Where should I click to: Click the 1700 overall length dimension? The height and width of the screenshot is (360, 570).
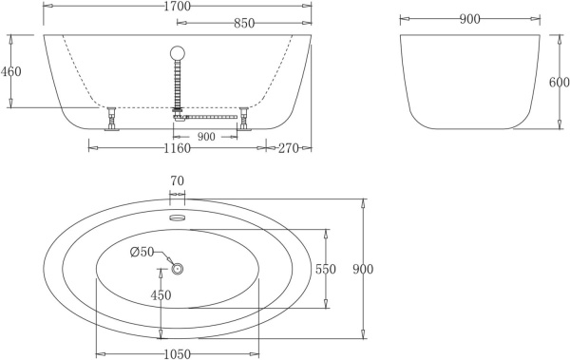pyautogui.click(x=177, y=7)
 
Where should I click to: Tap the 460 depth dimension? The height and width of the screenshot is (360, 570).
pyautogui.click(x=10, y=71)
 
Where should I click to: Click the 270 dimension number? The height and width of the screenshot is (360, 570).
pyautogui.click(x=290, y=147)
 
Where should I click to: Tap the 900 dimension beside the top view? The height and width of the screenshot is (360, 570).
pyautogui.click(x=363, y=269)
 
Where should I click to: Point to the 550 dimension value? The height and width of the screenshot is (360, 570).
pyautogui.click(x=326, y=269)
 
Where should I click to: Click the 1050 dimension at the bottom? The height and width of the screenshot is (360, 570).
pyautogui.click(x=177, y=353)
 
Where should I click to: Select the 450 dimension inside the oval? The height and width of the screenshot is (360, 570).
pyautogui.click(x=161, y=295)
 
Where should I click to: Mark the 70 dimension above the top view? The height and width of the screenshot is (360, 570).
pyautogui.click(x=177, y=180)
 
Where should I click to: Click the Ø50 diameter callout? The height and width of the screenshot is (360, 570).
pyautogui.click(x=141, y=252)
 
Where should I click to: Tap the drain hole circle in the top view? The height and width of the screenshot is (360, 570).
pyautogui.click(x=177, y=269)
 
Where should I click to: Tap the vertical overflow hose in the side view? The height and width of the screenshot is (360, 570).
pyautogui.click(x=177, y=85)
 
